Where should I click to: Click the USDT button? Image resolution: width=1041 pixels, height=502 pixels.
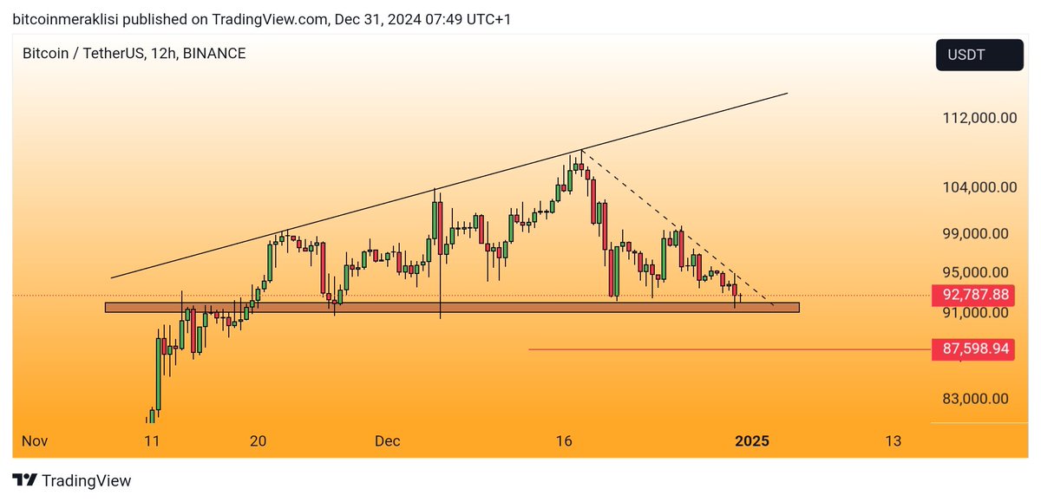(x=978, y=55)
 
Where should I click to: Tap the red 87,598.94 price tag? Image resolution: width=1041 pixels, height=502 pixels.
(x=972, y=349)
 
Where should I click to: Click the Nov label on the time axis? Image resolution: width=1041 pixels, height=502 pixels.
(x=34, y=441)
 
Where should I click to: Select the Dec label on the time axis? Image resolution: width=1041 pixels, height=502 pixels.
(x=387, y=441)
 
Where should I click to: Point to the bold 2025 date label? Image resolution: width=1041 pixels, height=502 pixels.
(x=751, y=441)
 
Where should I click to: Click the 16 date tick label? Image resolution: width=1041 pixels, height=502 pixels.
(x=564, y=441)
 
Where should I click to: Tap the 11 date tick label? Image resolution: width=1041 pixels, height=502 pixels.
(x=152, y=441)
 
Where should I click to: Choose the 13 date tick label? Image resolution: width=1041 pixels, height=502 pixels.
(x=893, y=441)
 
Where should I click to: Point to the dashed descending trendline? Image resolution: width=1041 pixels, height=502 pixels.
(x=677, y=227)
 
